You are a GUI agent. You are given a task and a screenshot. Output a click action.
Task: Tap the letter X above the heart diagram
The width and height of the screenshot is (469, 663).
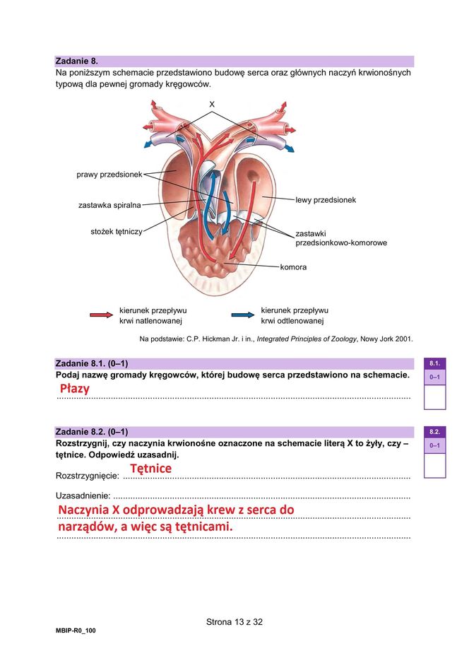coord(211,105)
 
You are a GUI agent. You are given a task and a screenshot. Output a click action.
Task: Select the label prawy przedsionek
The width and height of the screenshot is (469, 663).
coord(109,174)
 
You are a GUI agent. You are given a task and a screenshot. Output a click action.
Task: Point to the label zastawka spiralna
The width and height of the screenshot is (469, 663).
coord(109,206)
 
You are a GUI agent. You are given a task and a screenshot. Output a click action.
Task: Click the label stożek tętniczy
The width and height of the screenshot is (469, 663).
coord(117,231)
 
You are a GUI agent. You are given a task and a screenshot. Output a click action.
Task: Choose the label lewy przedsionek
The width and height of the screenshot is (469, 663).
coord(326,200)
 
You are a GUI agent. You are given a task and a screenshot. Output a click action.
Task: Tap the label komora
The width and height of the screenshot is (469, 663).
coord(293,267)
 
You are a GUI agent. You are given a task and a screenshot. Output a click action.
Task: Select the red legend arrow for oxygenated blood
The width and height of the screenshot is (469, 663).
coord(101,315)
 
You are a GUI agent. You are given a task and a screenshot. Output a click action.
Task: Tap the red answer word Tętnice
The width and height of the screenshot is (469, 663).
coord(151,469)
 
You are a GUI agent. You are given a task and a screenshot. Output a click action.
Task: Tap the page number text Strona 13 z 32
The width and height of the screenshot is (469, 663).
coord(234,623)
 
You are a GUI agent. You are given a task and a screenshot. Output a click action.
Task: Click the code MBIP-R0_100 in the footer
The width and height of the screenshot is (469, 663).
coord(76,630)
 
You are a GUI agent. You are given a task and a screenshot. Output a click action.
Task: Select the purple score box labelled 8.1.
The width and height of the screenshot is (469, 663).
coord(434,363)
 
